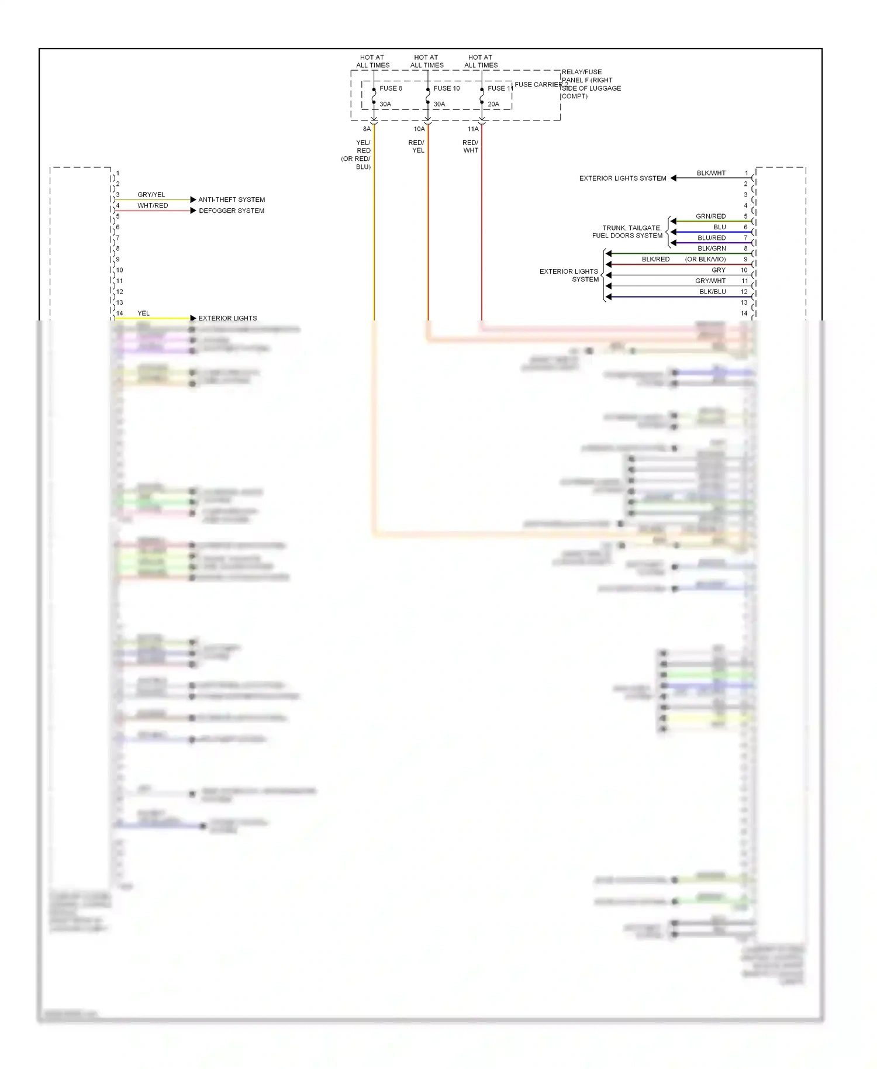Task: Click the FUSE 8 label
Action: coord(391,88)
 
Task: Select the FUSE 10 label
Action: coord(447,88)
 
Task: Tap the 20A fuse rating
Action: coord(493,104)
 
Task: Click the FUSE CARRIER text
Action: coord(538,85)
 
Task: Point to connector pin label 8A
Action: coord(367,129)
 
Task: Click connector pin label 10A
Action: coord(419,129)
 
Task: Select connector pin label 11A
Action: coord(473,129)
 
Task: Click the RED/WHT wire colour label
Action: coord(471,146)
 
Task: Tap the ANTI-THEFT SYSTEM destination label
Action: coord(232,199)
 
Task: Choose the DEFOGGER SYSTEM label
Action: coord(232,211)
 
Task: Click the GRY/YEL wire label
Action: coord(151,195)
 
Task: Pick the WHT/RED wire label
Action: coord(153,205)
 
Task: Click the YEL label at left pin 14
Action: coord(143,313)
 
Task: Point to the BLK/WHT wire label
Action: coord(711,173)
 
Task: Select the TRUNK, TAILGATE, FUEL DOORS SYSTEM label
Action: coord(627,232)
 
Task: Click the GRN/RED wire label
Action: coord(710,216)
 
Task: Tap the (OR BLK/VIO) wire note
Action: coord(705,259)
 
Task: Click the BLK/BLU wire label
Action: coord(712,292)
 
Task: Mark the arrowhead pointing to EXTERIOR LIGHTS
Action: coord(193,318)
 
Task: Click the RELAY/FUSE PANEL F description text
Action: coord(591,84)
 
